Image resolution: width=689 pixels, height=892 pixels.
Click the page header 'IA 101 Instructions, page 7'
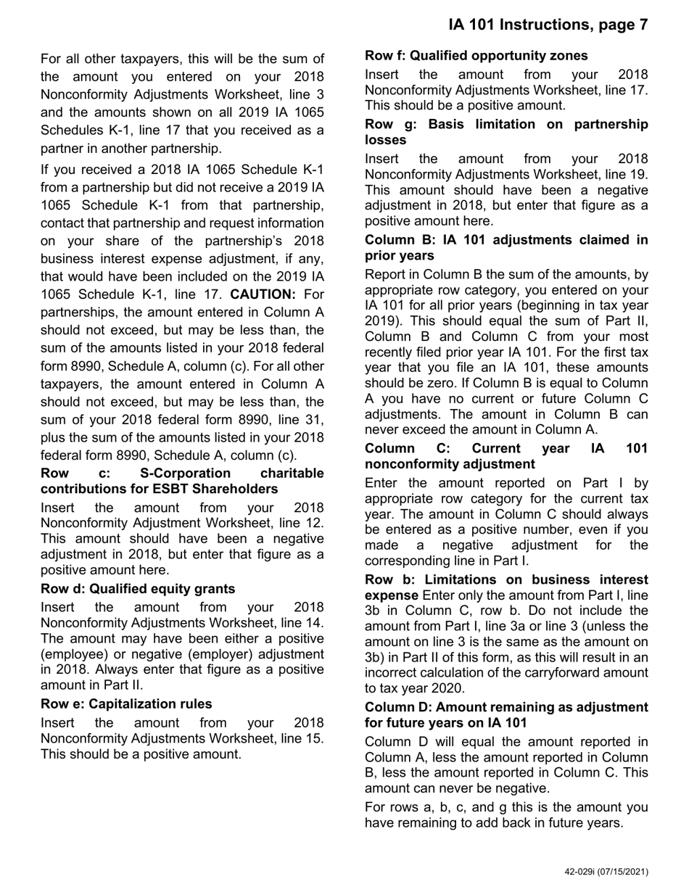pyautogui.click(x=548, y=25)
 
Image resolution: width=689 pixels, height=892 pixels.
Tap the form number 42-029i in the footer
pyautogui.click(x=585, y=872)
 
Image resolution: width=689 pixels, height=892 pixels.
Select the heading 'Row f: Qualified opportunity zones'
pyautogui.click(x=476, y=56)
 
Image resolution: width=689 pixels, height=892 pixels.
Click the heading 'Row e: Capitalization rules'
pyautogui.click(x=126, y=703)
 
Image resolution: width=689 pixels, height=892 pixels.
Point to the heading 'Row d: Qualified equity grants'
pyautogui.click(x=138, y=588)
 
